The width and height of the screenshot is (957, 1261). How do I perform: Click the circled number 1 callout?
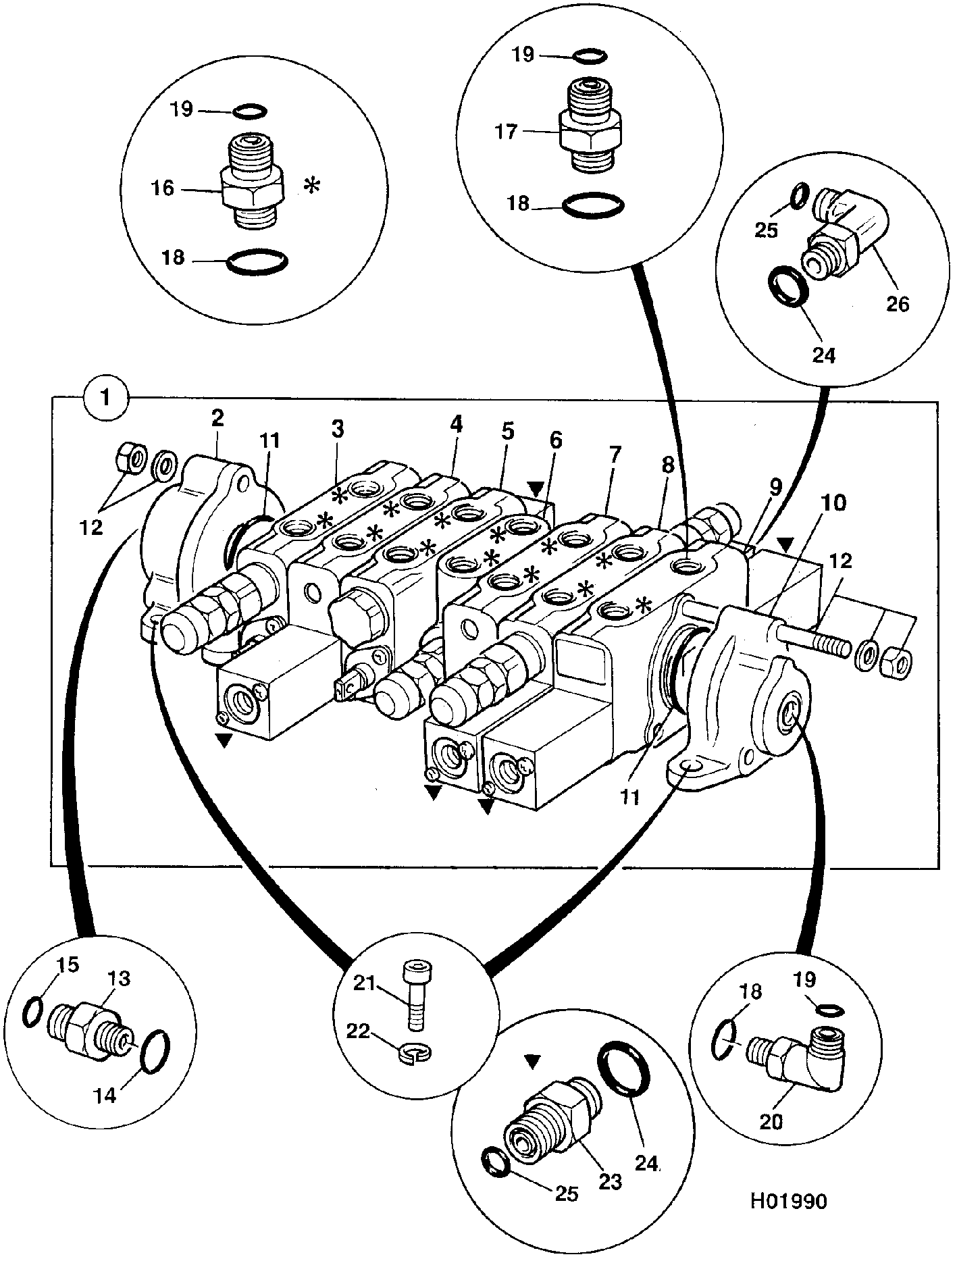pyautogui.click(x=105, y=397)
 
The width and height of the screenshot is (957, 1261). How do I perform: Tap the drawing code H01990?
pyautogui.click(x=787, y=1201)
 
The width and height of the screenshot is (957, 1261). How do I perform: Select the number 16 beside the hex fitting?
pyautogui.click(x=162, y=188)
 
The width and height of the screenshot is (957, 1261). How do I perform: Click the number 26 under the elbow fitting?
pyautogui.click(x=897, y=304)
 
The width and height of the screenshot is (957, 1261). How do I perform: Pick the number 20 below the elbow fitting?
pyautogui.click(x=771, y=1121)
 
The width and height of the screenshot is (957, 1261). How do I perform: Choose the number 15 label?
pyautogui.click(x=68, y=964)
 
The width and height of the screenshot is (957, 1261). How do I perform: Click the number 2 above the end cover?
pyautogui.click(x=217, y=417)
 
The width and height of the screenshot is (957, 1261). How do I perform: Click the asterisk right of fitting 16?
pyautogui.click(x=311, y=186)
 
